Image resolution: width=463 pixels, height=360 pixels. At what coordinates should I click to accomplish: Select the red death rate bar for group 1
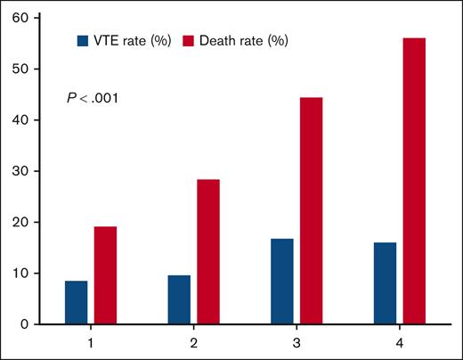tap(106, 275)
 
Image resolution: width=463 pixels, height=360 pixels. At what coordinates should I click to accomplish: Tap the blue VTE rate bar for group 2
tap(179, 299)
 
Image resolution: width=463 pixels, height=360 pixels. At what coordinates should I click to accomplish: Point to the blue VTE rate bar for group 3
tap(282, 282)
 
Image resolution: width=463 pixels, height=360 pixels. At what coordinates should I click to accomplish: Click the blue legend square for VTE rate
tap(84, 40)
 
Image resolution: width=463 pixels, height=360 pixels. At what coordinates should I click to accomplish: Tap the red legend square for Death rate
tap(189, 40)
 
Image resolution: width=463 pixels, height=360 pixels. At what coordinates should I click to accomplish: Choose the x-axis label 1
tap(92, 341)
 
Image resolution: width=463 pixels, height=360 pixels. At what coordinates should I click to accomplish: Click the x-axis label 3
tap(296, 341)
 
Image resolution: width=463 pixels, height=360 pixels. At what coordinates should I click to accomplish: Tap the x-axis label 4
tap(400, 341)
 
